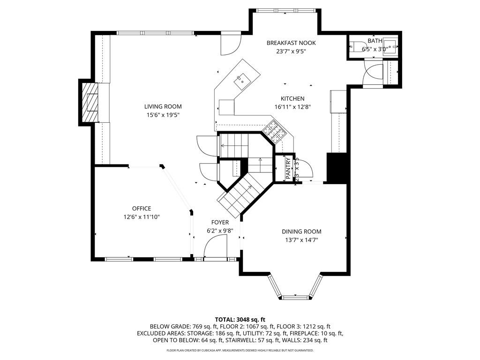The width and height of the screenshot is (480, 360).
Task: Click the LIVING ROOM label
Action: pos(163,106)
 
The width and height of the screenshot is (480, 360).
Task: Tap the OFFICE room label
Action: pos(141,209)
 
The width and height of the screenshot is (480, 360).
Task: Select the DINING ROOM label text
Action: pos(301,232)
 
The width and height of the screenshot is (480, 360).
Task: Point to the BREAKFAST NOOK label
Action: pos(291,43)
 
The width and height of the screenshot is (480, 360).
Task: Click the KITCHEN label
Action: pos(292,98)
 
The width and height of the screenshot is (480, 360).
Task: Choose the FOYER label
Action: pos(220,222)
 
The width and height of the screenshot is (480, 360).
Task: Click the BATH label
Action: pos(375,41)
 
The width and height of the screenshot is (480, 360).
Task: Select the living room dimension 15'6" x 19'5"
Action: pos(163,115)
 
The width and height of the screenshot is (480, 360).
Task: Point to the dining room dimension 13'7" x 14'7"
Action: pos(301,240)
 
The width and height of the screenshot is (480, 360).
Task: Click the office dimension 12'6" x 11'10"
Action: pos(141,217)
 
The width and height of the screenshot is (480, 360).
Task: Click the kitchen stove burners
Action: pos(273,131)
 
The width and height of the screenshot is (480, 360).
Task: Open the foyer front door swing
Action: pos(217,246)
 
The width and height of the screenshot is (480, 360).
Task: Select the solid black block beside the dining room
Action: pos(337,167)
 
